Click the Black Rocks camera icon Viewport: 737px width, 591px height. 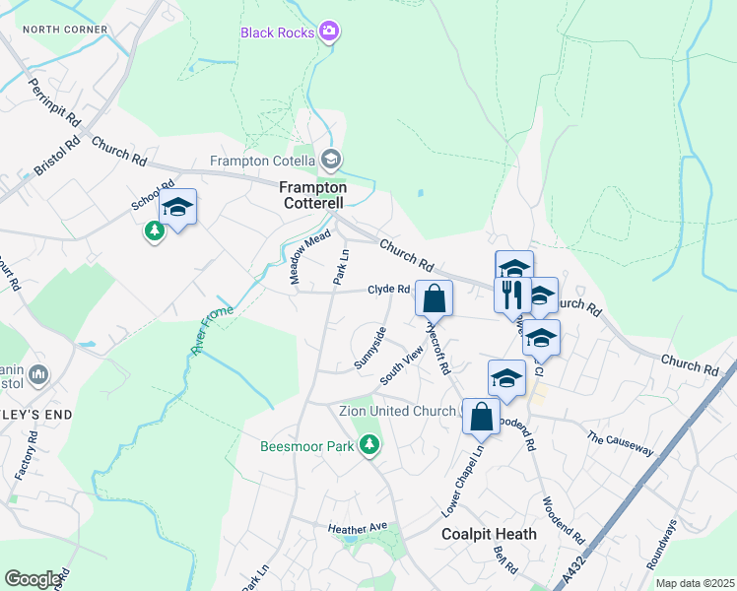(x=329, y=33)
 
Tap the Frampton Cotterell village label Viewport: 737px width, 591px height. (x=313, y=195)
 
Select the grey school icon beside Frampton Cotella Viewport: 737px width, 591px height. (x=331, y=159)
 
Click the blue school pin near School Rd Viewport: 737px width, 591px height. (x=177, y=208)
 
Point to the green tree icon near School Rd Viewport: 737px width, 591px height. (x=154, y=231)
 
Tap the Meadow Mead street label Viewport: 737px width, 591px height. (x=309, y=258)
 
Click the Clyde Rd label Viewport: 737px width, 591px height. (x=388, y=290)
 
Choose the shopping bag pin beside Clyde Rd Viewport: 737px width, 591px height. (x=434, y=297)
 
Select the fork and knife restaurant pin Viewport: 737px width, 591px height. (x=511, y=293)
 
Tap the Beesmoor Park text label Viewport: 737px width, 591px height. (x=307, y=446)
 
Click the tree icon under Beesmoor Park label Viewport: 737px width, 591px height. (x=369, y=446)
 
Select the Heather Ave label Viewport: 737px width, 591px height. (x=358, y=529)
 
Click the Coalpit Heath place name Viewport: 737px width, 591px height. (x=488, y=535)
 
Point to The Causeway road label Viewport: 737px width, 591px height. (x=620, y=443)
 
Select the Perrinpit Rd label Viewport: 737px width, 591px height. (x=54, y=101)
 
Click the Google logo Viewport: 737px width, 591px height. (x=33, y=579)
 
